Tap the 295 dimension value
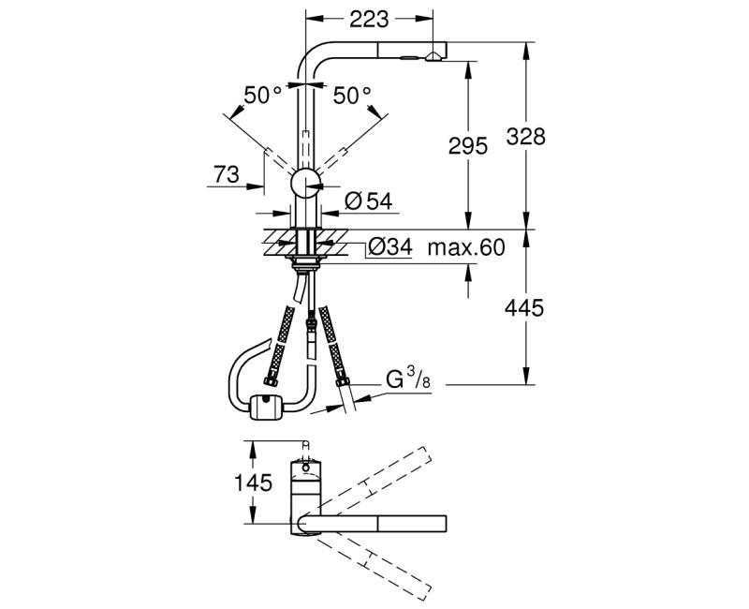point(469,146)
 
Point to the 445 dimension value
point(527,307)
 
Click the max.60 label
point(465,248)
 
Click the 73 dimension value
point(226,173)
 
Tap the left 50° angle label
point(262,95)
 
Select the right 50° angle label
point(352,95)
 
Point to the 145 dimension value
point(252,483)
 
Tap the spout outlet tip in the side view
point(434,57)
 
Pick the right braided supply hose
point(331,343)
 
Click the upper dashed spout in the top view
point(374,479)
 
